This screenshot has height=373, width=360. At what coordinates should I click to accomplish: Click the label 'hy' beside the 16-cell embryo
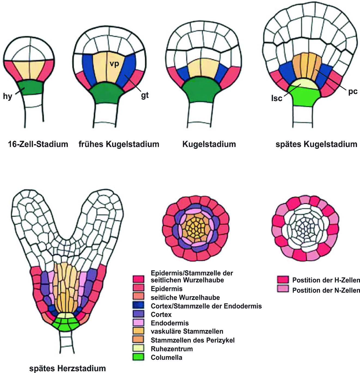[7, 96]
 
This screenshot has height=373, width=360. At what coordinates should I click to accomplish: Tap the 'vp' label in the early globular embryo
[114, 63]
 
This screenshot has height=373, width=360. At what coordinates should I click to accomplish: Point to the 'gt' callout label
[145, 95]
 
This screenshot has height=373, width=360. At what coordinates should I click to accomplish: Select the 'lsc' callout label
[276, 98]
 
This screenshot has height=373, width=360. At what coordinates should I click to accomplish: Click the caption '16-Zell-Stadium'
[38, 144]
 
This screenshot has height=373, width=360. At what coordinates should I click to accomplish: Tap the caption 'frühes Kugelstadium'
[119, 144]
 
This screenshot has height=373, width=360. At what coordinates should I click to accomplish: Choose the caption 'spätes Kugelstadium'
[316, 144]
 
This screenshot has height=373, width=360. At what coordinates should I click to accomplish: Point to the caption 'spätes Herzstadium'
[68, 368]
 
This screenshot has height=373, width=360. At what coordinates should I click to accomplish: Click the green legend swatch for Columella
[138, 357]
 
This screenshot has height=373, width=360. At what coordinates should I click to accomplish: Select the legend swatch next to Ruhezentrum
[138, 348]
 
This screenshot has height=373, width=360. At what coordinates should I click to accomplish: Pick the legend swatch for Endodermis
[138, 323]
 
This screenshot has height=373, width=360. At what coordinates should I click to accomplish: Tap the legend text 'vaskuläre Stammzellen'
[187, 331]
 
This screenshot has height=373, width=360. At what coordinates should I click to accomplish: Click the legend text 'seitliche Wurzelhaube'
[185, 297]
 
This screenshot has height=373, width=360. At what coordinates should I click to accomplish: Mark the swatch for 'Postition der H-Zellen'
[283, 280]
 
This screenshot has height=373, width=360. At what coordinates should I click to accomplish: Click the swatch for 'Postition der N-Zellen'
[283, 289]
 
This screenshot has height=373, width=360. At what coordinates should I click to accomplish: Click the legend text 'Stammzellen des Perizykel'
[193, 340]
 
